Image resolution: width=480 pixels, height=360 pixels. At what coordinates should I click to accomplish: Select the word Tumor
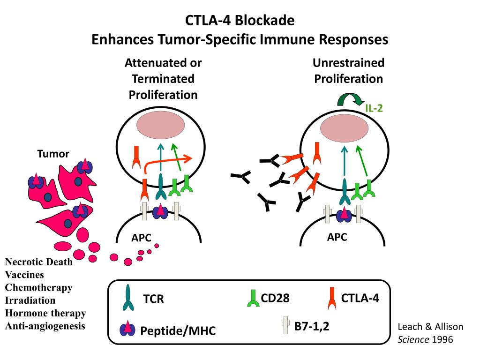pos(53,154)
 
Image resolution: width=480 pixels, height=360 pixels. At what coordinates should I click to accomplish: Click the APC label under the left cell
pos(141,238)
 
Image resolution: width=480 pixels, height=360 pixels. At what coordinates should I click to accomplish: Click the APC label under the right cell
pos(337,237)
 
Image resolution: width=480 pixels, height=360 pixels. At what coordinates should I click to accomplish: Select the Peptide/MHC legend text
pos(178,331)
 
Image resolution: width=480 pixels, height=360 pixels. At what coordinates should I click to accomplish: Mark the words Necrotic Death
pos(39,262)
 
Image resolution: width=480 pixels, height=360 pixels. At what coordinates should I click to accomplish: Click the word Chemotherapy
pos(38,287)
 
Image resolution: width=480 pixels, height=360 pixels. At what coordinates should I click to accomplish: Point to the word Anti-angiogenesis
pos(45,325)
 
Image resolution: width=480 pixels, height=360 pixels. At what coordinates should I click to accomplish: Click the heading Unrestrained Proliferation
pos(348,71)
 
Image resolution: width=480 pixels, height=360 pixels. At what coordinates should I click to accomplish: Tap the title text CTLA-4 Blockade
pos(240,21)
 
